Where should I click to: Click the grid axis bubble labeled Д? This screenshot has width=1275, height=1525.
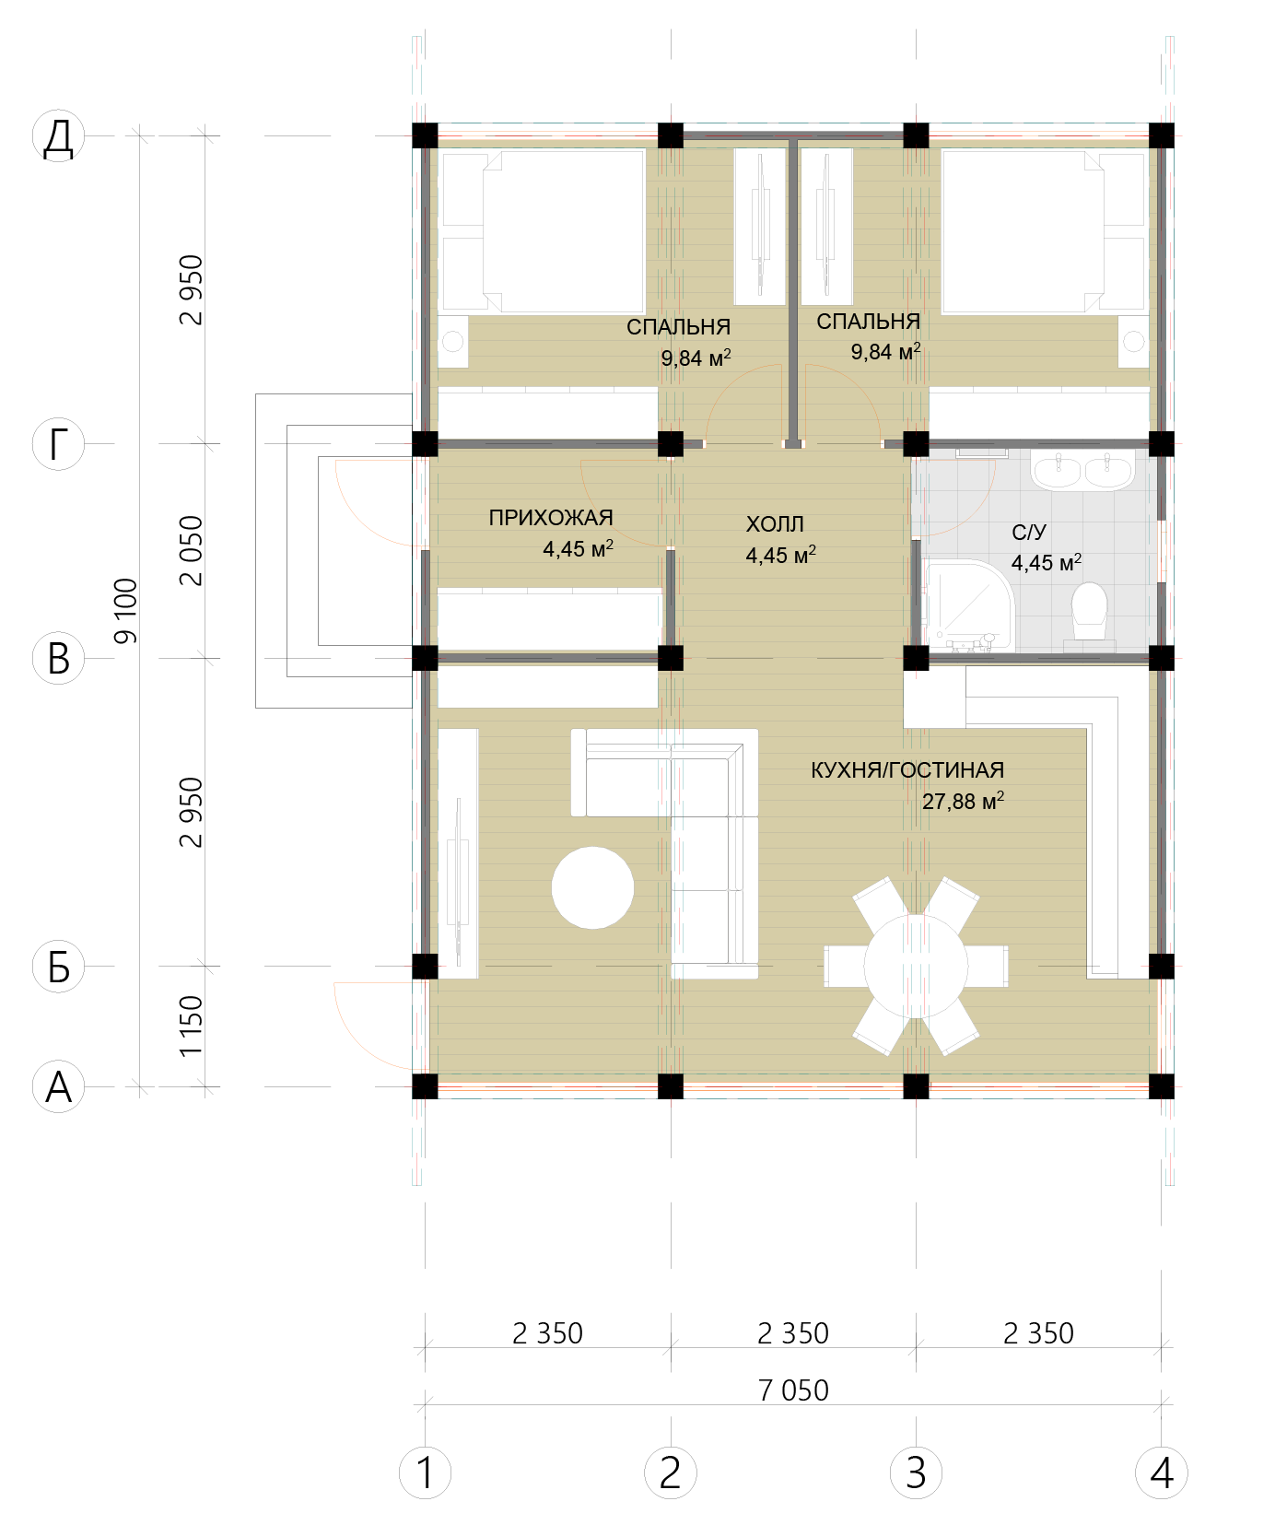click(58, 136)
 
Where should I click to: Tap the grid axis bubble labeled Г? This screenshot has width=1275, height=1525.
click(58, 444)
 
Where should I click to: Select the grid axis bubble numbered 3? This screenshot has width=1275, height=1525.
click(916, 1472)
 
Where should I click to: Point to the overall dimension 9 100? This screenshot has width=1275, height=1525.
click(124, 611)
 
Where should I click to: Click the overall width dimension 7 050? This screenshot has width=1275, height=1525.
click(793, 1390)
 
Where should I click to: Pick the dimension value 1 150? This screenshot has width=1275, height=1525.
click(190, 1026)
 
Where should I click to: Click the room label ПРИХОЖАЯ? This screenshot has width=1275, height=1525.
click(551, 518)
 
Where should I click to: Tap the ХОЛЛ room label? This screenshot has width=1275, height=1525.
click(775, 524)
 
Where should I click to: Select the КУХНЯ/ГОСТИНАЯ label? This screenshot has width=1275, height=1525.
click(907, 770)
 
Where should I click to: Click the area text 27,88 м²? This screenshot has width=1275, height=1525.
click(963, 801)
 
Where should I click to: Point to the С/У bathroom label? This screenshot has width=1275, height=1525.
click(1029, 533)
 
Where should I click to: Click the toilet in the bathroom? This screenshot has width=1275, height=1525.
click(1089, 611)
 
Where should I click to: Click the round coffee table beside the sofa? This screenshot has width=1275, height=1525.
click(592, 887)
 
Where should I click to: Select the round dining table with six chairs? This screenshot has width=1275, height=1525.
click(916, 966)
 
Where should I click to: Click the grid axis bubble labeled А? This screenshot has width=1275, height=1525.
click(58, 1086)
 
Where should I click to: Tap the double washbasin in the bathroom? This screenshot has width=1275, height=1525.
click(1082, 470)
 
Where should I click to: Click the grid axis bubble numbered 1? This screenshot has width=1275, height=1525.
click(425, 1472)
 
